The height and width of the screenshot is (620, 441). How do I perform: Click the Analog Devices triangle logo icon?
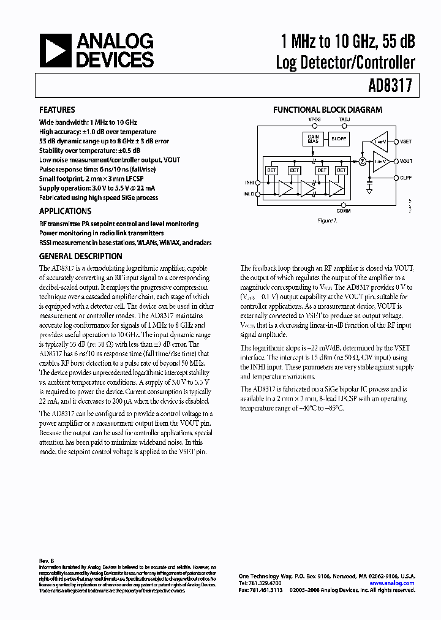pyautogui.click(x=55, y=50)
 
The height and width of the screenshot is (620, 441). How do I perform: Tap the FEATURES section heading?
pyautogui.click(x=57, y=110)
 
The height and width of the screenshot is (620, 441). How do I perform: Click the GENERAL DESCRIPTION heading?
pyautogui.click(x=80, y=257)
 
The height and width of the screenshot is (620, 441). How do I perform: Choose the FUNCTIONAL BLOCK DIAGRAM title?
pyautogui.click(x=327, y=110)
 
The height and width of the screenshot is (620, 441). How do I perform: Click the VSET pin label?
pyautogui.click(x=406, y=142)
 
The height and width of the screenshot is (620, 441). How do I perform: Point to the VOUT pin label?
pyautogui.click(x=406, y=162)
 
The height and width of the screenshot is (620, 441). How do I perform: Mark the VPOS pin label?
pyautogui.click(x=314, y=119)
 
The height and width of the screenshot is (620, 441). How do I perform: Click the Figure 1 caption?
pyautogui.click(x=327, y=220)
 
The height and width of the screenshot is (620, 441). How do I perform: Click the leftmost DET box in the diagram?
pyautogui.click(x=270, y=170)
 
